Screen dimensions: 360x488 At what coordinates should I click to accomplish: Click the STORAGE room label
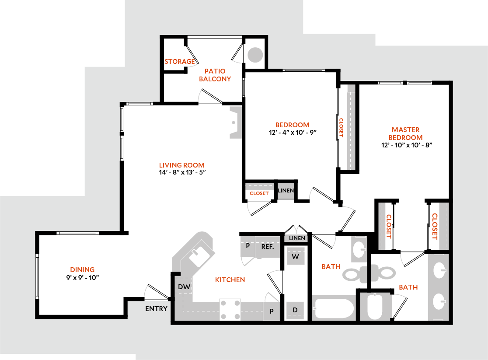(179, 62)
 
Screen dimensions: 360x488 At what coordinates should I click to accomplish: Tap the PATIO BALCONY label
(215, 75)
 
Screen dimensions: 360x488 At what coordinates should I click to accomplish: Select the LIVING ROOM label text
(181, 165)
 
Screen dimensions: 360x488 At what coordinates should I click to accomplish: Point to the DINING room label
(82, 269)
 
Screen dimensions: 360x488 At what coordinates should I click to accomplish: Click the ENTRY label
(156, 309)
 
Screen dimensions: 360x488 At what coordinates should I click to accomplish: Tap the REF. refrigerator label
(268, 247)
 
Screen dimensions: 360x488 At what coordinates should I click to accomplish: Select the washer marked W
(296, 257)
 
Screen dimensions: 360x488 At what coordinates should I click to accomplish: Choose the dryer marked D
(296, 310)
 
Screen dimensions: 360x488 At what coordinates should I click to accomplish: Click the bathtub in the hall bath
(334, 309)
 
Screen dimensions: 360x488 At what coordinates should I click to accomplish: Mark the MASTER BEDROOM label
(405, 133)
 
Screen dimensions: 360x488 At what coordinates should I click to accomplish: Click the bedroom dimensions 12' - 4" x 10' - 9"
(293, 132)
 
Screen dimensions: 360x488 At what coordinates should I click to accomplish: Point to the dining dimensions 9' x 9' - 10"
(82, 277)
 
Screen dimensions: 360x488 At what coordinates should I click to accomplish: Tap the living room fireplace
(235, 123)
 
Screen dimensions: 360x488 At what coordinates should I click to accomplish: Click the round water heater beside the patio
(255, 55)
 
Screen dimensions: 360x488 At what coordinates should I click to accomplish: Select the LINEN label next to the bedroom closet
(286, 191)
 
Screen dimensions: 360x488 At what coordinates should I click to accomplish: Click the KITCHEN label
(230, 280)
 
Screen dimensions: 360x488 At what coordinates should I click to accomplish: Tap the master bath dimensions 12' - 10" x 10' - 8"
(406, 145)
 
